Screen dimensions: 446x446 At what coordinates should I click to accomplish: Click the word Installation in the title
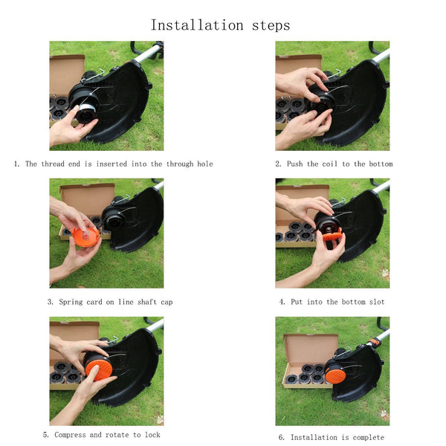click(x=197, y=25)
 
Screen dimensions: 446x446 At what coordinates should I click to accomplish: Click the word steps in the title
click(x=271, y=26)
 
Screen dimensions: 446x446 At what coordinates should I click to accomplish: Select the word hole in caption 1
click(x=205, y=164)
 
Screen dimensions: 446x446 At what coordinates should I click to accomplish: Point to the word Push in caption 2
click(x=294, y=164)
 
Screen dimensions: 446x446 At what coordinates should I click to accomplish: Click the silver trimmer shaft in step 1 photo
click(x=148, y=53)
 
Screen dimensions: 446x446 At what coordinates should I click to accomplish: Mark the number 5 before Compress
click(x=45, y=435)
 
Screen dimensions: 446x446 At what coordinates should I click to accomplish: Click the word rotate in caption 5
click(x=117, y=435)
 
